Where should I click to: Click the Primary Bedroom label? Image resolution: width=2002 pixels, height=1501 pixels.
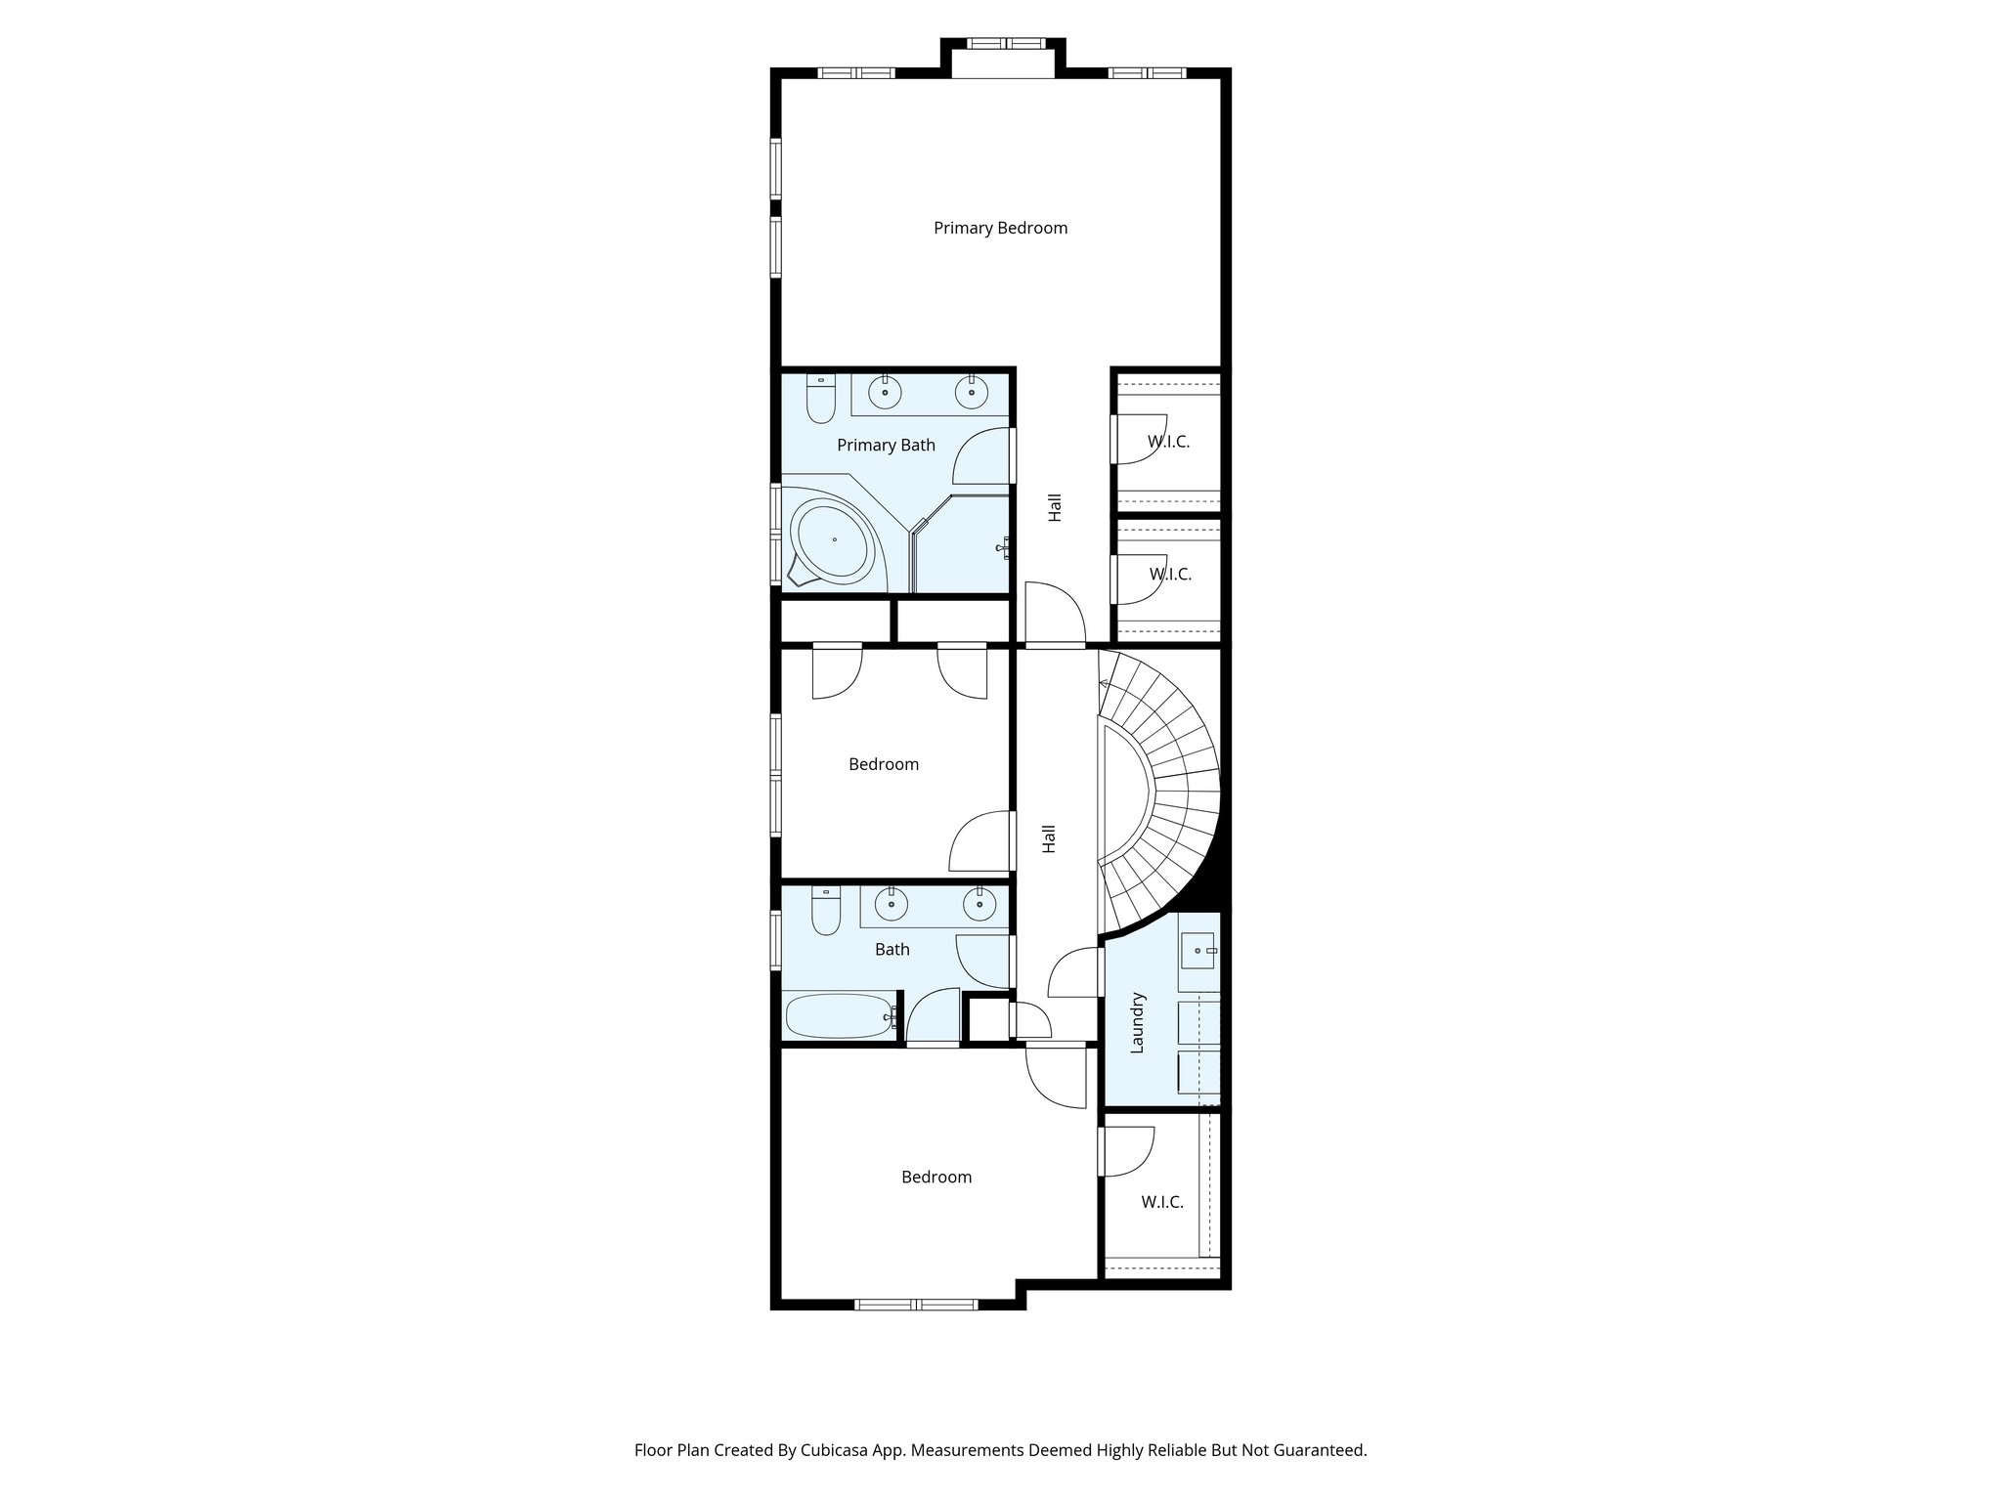(x=1000, y=228)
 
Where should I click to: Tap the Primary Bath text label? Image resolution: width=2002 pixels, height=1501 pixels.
(x=886, y=446)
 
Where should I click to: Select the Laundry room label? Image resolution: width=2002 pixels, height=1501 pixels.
(x=1137, y=1023)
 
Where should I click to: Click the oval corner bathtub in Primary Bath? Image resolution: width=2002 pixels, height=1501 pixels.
(x=835, y=540)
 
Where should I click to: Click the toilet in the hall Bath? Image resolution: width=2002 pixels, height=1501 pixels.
(x=826, y=913)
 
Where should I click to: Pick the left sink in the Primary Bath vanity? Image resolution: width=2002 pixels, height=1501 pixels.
(x=886, y=393)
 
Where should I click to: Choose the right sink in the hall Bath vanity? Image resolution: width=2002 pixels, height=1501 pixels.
(x=979, y=905)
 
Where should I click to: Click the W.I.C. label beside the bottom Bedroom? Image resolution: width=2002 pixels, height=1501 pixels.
(x=1162, y=1202)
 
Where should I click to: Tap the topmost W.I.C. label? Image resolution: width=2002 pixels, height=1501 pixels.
(x=1168, y=442)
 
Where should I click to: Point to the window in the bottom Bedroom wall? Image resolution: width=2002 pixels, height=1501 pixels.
(x=916, y=1304)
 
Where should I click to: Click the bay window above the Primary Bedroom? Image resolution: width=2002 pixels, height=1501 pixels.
(x=1004, y=44)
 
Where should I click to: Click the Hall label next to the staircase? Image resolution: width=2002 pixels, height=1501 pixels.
(x=1049, y=838)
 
